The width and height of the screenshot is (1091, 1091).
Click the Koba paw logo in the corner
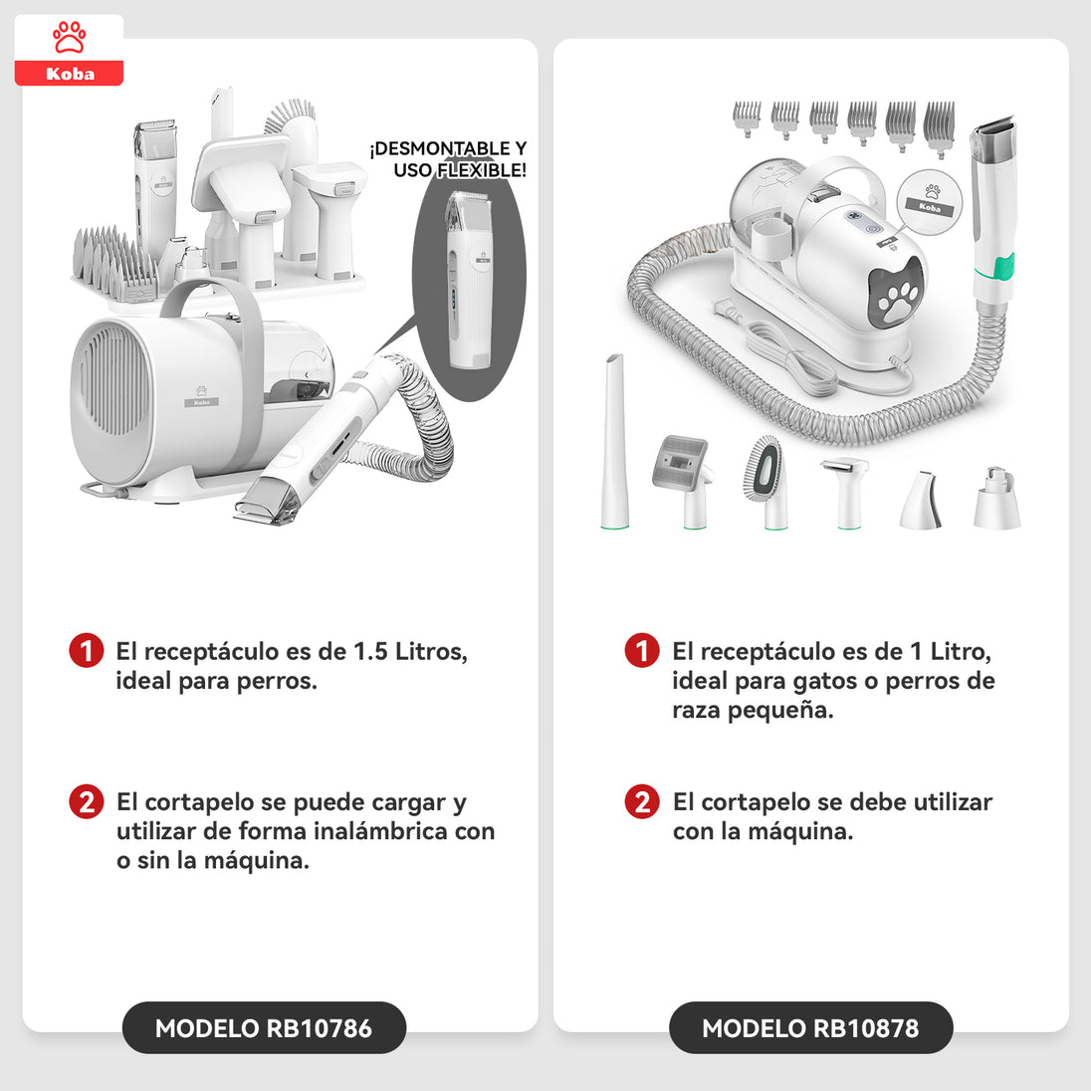(69, 50)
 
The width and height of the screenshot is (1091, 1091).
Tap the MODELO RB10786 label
(264, 1027)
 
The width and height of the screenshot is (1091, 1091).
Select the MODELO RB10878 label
(810, 1027)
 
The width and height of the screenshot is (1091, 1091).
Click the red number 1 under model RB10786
(87, 651)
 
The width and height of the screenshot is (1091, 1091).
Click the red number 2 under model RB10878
(642, 801)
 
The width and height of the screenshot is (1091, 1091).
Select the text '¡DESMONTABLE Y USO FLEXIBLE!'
(449, 158)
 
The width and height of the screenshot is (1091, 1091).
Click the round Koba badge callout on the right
(929, 203)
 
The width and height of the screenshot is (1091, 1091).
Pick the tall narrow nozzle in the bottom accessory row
(615, 442)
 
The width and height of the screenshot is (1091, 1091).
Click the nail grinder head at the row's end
(997, 498)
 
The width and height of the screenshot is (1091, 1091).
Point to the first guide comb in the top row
(748, 119)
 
